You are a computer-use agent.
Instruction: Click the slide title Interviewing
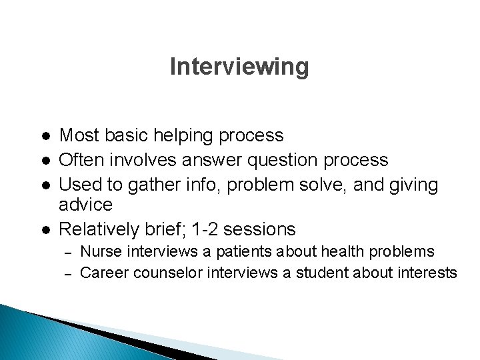pyautogui.click(x=239, y=67)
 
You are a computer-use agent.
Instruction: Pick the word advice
pyautogui.click(x=86, y=204)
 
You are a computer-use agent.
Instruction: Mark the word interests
pyautogui.click(x=427, y=273)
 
